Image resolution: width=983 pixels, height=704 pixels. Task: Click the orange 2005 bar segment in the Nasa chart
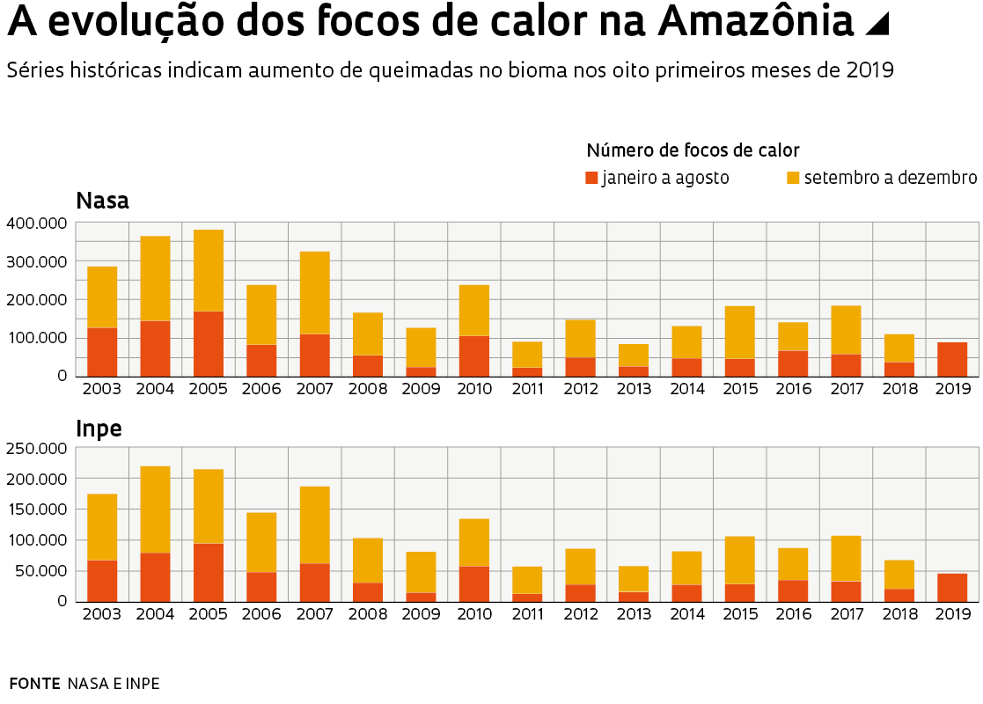click(x=209, y=343)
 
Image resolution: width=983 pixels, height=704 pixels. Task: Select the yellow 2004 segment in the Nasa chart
click(x=155, y=278)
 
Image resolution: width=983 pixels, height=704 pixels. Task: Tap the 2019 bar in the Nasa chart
click(x=952, y=359)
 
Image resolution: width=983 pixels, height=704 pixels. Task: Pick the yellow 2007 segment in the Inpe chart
click(x=315, y=524)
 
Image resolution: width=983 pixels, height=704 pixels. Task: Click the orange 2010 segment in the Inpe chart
click(x=474, y=584)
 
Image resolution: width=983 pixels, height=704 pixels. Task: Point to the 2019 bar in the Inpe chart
click(x=952, y=587)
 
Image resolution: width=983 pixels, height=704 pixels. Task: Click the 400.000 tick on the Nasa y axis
click(x=36, y=224)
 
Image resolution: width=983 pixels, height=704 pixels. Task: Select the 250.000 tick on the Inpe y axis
click(x=36, y=449)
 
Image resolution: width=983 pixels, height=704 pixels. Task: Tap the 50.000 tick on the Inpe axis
click(x=40, y=571)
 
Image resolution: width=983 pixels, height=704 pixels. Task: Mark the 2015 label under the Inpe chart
click(x=740, y=615)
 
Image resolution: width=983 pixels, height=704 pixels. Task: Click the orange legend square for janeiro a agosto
click(x=591, y=178)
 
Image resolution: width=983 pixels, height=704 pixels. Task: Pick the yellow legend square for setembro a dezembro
click(x=793, y=178)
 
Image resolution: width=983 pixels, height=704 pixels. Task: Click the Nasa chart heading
click(x=103, y=201)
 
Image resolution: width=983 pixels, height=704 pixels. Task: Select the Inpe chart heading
click(x=99, y=429)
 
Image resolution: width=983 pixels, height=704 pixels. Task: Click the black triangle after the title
click(x=877, y=25)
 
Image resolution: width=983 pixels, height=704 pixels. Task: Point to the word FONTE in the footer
click(x=34, y=684)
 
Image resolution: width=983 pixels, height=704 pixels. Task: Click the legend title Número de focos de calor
click(x=693, y=150)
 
